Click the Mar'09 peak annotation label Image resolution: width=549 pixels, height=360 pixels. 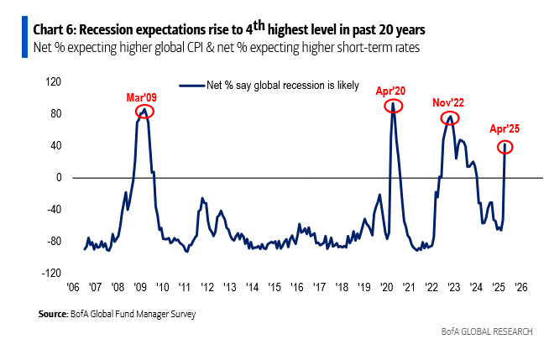pyautogui.click(x=141, y=98)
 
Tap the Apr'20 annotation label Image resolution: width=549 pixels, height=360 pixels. pyautogui.click(x=392, y=90)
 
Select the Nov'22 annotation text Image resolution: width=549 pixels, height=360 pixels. pyautogui.click(x=449, y=102)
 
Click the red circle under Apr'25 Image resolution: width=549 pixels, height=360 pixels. pyautogui.click(x=505, y=147)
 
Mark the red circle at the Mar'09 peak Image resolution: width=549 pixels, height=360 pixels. pyautogui.click(x=144, y=111)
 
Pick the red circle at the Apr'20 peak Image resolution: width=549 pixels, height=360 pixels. pyautogui.click(x=393, y=106)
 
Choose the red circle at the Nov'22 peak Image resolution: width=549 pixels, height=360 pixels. pyautogui.click(x=450, y=118)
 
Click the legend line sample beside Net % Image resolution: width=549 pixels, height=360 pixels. pyautogui.click(x=193, y=86)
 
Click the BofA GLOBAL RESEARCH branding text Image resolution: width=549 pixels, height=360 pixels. pyautogui.click(x=486, y=332)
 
